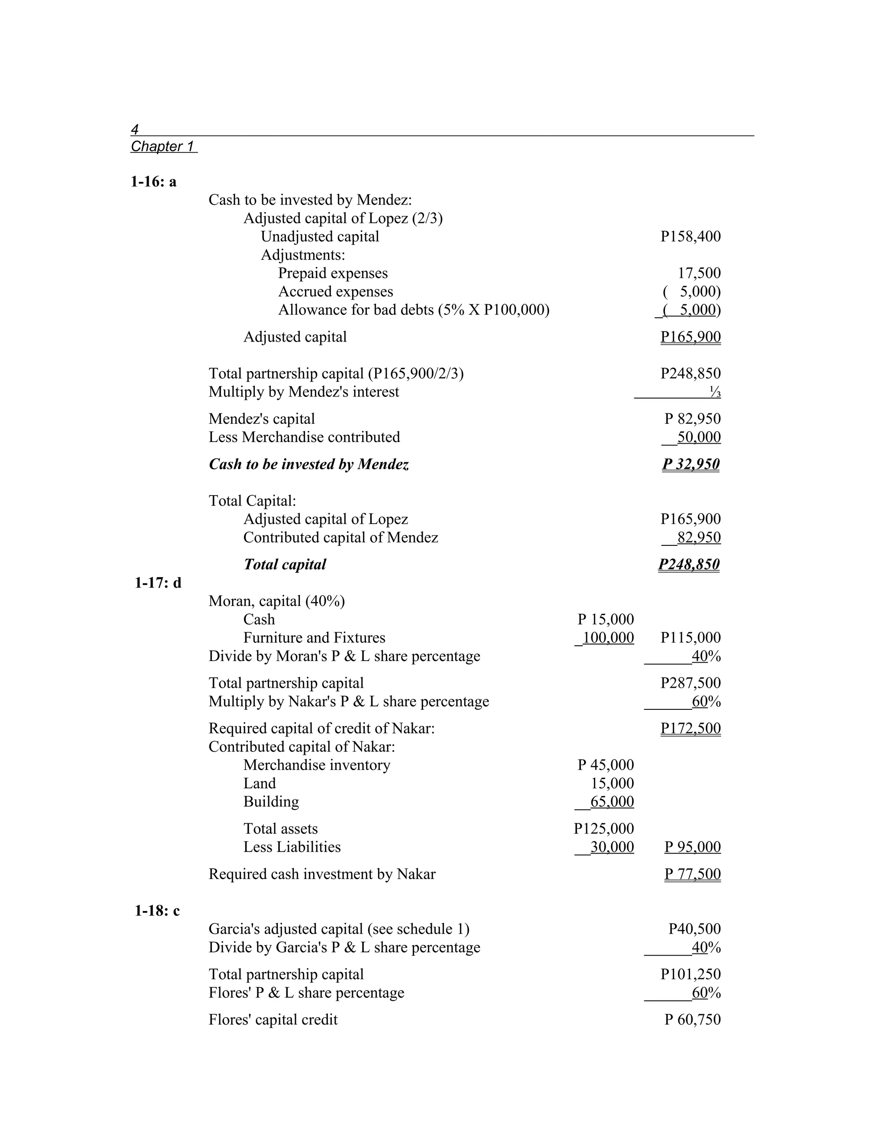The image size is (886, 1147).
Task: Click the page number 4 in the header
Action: (x=135, y=129)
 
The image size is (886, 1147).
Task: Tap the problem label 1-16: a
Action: (x=153, y=182)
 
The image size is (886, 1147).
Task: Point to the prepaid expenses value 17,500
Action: (x=699, y=273)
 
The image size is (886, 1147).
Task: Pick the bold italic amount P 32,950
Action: (x=691, y=464)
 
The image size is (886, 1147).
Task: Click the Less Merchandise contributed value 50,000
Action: (x=699, y=437)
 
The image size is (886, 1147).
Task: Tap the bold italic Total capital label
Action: (x=285, y=564)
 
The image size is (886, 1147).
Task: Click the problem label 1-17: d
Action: (x=157, y=583)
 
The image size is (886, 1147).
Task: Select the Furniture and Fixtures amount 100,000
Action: (x=608, y=638)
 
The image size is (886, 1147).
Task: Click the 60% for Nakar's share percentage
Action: (x=706, y=702)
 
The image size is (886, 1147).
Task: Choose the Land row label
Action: (x=259, y=783)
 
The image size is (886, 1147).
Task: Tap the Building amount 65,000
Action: (x=612, y=802)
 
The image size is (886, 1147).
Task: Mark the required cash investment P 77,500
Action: (x=692, y=874)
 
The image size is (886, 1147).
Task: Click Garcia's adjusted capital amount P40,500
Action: (x=694, y=928)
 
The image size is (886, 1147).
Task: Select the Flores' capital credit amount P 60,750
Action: (x=692, y=1019)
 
